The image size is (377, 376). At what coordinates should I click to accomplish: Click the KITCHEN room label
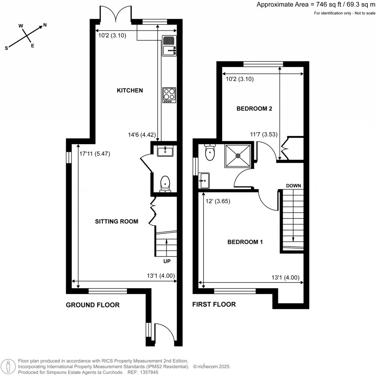click(x=130, y=90)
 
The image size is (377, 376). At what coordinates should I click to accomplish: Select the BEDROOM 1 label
click(x=245, y=242)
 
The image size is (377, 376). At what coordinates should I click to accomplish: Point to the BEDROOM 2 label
click(x=254, y=109)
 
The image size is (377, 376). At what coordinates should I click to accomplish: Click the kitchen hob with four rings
click(x=169, y=95)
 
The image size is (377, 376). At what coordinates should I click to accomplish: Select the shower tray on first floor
click(x=238, y=156)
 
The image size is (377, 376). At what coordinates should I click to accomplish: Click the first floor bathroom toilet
click(x=210, y=153)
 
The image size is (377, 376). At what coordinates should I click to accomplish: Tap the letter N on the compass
click(x=45, y=25)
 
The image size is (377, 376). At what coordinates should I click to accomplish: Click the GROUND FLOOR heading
click(x=93, y=305)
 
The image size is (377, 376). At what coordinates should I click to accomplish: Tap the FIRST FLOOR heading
click(x=214, y=304)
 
